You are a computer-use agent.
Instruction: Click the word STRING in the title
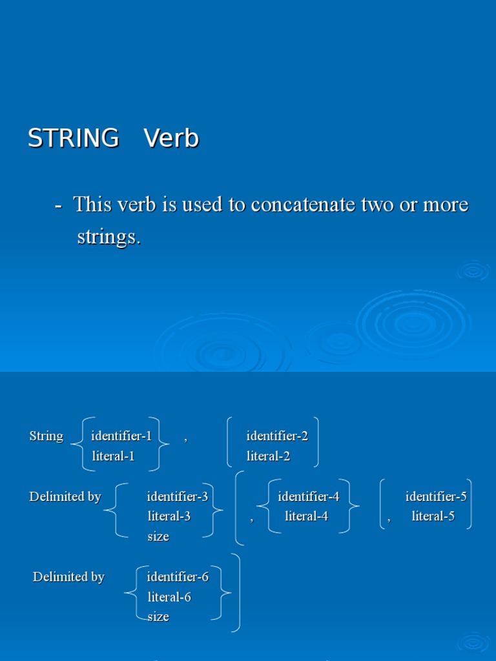pyautogui.click(x=73, y=139)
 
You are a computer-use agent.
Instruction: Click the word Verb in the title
pyautogui.click(x=171, y=139)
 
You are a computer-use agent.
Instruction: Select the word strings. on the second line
pyautogui.click(x=108, y=237)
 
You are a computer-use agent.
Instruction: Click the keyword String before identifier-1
pyautogui.click(x=46, y=436)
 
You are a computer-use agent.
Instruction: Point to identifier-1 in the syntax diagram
pyautogui.click(x=121, y=436)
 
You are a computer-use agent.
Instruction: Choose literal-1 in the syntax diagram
pyautogui.click(x=114, y=456)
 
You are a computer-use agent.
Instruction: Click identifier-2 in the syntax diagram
pyautogui.click(x=277, y=436)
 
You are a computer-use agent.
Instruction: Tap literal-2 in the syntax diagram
pyautogui.click(x=269, y=456)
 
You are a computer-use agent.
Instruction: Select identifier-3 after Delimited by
pyautogui.click(x=178, y=497)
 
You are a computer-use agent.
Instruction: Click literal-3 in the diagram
pyautogui.click(x=169, y=516)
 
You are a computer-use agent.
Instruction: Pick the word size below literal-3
pyautogui.click(x=158, y=536)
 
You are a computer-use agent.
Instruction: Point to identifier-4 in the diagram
pyautogui.click(x=309, y=497)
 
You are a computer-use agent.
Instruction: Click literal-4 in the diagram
pyautogui.click(x=307, y=516)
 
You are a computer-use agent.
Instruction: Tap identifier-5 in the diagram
pyautogui.click(x=436, y=497)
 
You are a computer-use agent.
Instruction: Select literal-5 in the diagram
pyautogui.click(x=433, y=516)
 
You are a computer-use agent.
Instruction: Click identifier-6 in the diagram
pyautogui.click(x=178, y=577)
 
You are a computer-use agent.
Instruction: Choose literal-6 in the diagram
pyautogui.click(x=169, y=597)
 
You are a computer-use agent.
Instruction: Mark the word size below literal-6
pyautogui.click(x=158, y=616)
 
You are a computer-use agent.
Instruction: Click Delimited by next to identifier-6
pyautogui.click(x=68, y=577)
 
